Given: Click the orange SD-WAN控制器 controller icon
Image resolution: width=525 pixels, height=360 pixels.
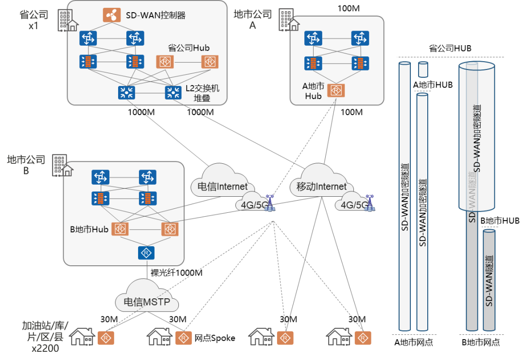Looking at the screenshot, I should point(112,15).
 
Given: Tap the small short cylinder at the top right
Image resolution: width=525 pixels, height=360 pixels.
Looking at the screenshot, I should point(423,69).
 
